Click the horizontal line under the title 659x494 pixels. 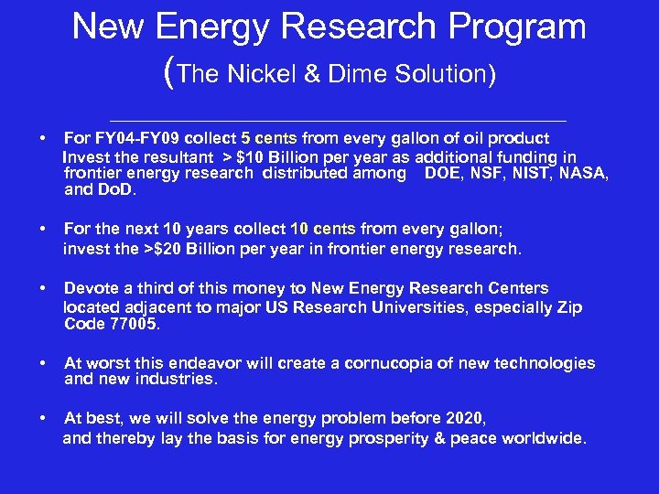pos(338,121)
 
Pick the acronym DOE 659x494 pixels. pos(444,173)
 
